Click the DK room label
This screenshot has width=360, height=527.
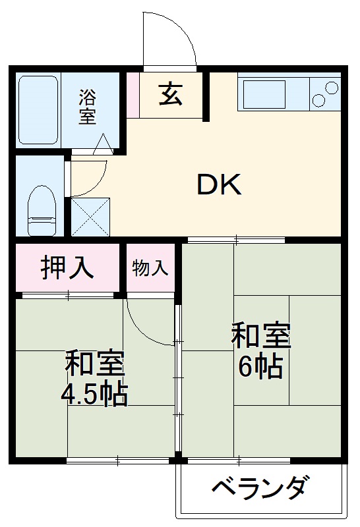coord(220,185)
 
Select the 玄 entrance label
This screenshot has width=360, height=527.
coord(170,96)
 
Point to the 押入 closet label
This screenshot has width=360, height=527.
coord(67,268)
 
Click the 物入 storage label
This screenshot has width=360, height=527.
coord(150,268)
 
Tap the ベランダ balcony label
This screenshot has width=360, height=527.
coord(259,489)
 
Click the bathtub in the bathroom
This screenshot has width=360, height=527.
coord(38,109)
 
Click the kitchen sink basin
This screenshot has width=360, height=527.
coord(264,95)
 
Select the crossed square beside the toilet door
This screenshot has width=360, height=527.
coord(91,216)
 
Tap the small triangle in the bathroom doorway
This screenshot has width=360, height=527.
coord(104,144)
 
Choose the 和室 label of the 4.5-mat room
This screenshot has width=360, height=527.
coord(94,364)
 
